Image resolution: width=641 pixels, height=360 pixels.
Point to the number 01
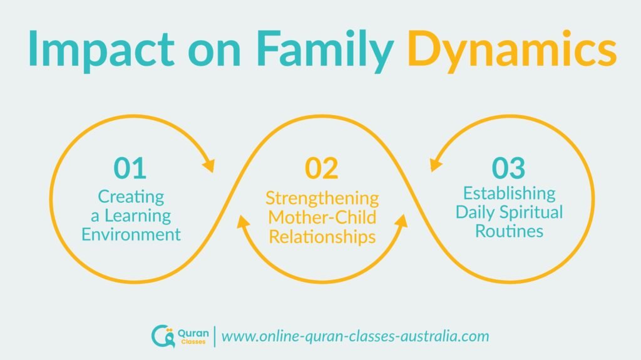click(130, 168)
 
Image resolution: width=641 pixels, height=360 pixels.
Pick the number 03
click(508, 168)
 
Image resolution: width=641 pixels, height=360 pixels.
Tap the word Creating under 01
click(131, 196)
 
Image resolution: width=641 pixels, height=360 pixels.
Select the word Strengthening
click(322, 198)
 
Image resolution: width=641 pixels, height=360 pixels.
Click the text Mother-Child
click(322, 218)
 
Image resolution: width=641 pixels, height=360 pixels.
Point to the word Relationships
click(322, 237)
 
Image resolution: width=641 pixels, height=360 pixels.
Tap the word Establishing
click(509, 192)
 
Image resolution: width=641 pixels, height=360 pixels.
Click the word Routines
click(509, 230)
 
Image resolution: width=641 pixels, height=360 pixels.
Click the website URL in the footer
click(355, 336)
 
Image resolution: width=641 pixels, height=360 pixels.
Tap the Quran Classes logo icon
click(160, 336)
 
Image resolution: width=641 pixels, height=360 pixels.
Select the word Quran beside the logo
click(188, 332)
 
